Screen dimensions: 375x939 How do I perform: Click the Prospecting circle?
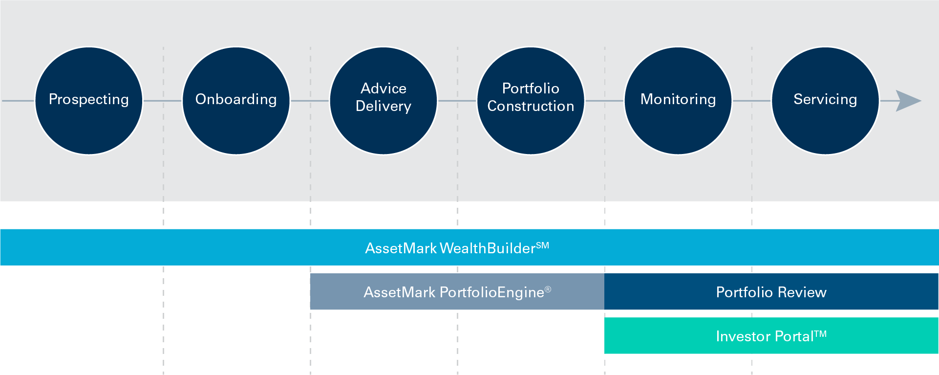[88, 101]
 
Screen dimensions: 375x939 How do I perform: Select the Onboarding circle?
[236, 101]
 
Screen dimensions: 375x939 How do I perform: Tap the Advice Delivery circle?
[384, 101]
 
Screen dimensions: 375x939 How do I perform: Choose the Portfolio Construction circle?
[531, 101]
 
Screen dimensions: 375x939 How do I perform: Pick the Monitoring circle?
[678, 101]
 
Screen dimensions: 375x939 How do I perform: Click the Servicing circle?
[825, 101]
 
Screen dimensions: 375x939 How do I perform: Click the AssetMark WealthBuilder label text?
[449, 248]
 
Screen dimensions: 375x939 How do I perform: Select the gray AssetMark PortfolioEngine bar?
[457, 292]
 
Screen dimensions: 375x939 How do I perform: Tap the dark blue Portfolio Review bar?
[771, 292]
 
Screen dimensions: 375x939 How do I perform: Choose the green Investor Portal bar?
[771, 336]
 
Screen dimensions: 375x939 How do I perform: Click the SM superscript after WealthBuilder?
[542, 245]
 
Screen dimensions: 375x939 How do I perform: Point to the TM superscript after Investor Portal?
[820, 334]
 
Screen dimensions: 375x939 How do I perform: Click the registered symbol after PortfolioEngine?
[548, 289]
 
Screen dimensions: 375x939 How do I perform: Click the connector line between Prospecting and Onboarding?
[162, 101]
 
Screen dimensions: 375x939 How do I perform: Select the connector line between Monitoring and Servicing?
[751, 101]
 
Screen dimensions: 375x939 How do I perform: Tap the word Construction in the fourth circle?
[531, 106]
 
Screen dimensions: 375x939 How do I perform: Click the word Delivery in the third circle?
[384, 106]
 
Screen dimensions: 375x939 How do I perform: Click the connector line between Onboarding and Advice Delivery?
[310, 101]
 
